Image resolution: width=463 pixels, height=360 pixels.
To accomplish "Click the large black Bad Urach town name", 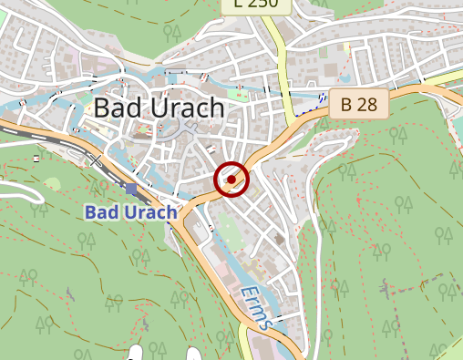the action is [x=159, y=108].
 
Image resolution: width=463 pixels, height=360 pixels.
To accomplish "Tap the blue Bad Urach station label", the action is [x=131, y=212].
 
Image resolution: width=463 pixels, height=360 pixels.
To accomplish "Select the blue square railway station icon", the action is [x=131, y=190].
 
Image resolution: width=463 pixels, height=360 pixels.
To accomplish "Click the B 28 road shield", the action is [x=358, y=105].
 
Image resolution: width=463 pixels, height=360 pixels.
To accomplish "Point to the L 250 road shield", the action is [x=256, y=5].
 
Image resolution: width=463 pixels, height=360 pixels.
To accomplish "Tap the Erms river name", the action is [x=257, y=307].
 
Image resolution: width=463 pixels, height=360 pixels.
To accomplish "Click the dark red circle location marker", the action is [x=231, y=180].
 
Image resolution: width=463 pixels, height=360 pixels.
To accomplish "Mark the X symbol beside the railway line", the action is [x=95, y=160].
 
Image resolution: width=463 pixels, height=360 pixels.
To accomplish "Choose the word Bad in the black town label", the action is [x=114, y=108].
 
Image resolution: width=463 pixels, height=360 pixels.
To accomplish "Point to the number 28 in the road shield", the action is [x=365, y=105].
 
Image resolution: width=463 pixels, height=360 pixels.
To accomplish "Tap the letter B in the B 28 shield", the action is [x=346, y=105].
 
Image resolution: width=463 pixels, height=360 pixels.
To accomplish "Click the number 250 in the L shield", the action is [x=262, y=5].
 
